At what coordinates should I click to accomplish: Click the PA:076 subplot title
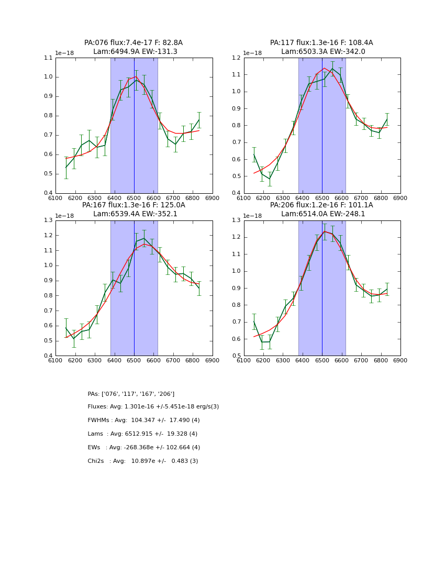[x=133, y=43]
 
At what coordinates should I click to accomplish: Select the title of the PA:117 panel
[x=321, y=43]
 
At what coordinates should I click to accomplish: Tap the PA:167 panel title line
[x=133, y=205]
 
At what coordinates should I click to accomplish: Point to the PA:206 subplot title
[x=321, y=205]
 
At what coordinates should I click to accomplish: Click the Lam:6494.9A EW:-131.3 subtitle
[x=135, y=52]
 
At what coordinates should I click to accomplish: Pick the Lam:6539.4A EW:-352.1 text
[x=135, y=214]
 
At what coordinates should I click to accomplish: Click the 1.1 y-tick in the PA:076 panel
[x=48, y=58]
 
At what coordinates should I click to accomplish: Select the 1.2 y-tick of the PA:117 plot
[x=237, y=58]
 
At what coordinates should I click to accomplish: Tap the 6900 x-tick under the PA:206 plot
[x=400, y=360]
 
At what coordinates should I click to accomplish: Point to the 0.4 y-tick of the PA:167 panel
[x=48, y=356]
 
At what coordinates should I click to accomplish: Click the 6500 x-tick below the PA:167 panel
[x=134, y=360]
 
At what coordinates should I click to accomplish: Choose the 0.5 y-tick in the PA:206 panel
[x=237, y=356]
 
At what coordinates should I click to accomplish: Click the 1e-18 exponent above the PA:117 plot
[x=252, y=53]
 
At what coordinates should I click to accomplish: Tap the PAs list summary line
[x=131, y=394]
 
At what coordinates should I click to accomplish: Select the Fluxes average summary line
[x=153, y=407]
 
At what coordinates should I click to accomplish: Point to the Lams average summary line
[x=142, y=434]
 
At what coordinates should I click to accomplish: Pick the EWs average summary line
[x=144, y=448]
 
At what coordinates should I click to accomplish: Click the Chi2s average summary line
[x=143, y=461]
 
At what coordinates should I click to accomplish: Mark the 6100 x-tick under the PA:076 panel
[x=55, y=198]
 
